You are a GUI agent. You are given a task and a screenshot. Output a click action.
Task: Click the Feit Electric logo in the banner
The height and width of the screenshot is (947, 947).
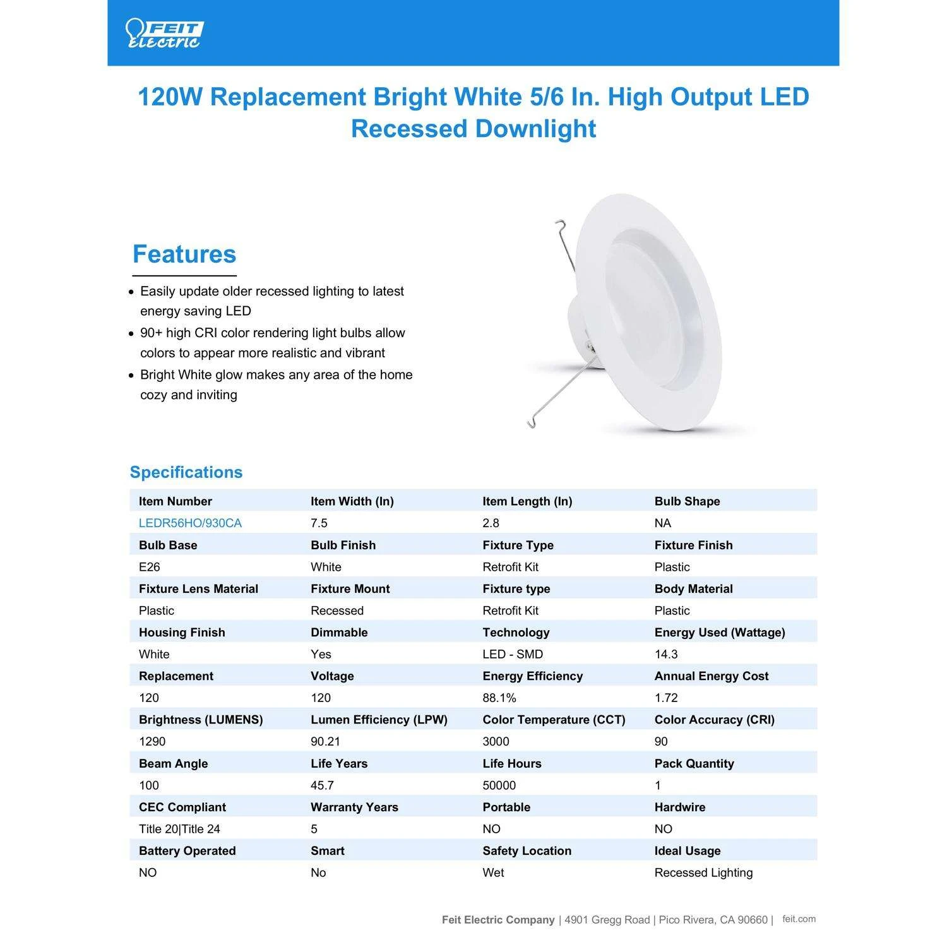point(164,33)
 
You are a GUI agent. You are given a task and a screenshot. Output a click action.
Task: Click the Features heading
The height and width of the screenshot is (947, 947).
point(184,254)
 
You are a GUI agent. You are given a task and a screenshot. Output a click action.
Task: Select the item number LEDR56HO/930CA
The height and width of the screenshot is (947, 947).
point(190,523)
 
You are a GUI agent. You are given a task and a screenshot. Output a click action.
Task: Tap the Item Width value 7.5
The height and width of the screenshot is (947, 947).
point(319,523)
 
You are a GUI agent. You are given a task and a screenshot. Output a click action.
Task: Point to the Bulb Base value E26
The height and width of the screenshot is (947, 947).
point(149,567)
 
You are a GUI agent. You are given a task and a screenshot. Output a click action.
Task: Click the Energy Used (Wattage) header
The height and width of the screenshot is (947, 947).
point(720,633)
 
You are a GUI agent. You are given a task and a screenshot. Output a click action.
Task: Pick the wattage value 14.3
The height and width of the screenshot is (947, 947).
point(666,655)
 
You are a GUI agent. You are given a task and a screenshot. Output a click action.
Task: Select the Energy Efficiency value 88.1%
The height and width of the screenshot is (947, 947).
point(499,698)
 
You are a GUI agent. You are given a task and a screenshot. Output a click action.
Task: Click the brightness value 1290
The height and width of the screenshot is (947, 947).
point(152,742)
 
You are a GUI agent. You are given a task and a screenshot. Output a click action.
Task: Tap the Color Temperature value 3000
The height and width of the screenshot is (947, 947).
point(496,742)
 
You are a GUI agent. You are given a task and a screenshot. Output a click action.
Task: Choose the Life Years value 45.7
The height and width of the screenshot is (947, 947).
point(322,785)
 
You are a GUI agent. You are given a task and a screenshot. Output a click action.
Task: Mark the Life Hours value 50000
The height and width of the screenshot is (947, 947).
point(499,785)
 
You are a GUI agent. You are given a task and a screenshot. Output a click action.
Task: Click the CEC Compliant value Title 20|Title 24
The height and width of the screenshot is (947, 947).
point(179,829)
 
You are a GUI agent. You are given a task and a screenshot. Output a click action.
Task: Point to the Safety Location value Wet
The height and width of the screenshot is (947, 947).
point(493,873)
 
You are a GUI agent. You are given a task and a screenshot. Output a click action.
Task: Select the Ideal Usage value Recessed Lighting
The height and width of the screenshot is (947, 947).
point(703,873)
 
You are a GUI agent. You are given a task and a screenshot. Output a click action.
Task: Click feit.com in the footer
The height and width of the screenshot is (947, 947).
point(799,919)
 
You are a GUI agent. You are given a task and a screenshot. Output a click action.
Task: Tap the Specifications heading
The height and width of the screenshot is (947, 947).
point(186,472)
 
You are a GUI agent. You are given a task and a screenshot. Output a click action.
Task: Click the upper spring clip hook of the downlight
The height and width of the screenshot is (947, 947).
point(561,225)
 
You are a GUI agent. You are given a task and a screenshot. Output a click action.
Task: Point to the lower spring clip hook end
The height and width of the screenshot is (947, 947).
point(531,423)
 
